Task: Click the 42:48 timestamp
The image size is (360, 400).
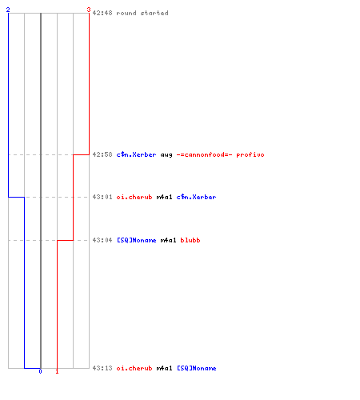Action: click(x=102, y=13)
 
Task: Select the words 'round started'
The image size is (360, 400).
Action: click(x=142, y=13)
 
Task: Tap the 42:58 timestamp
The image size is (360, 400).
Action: click(x=102, y=154)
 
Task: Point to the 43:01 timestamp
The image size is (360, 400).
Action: click(x=102, y=197)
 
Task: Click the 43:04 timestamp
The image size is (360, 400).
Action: click(x=102, y=240)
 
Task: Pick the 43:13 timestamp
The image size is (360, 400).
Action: click(x=102, y=368)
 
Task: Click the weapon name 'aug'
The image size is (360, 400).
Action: click(x=166, y=155)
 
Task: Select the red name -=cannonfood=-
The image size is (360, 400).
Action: click(x=205, y=154)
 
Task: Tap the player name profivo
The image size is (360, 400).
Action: click(x=250, y=155)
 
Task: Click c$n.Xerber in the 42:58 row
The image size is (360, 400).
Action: click(x=136, y=154)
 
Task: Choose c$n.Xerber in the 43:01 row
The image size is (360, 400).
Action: click(x=196, y=197)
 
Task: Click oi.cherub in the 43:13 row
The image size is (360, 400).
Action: click(x=134, y=368)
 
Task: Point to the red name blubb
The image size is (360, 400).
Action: click(x=190, y=240)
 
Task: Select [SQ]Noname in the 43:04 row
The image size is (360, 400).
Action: click(x=137, y=240)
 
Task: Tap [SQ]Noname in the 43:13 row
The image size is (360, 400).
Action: click(x=197, y=368)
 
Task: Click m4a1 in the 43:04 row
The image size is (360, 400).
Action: click(x=168, y=240)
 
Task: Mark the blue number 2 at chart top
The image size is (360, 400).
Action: click(x=8, y=10)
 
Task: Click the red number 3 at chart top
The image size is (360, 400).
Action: click(x=89, y=10)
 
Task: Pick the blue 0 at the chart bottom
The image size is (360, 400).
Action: click(x=40, y=371)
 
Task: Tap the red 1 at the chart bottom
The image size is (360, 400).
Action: click(x=57, y=371)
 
